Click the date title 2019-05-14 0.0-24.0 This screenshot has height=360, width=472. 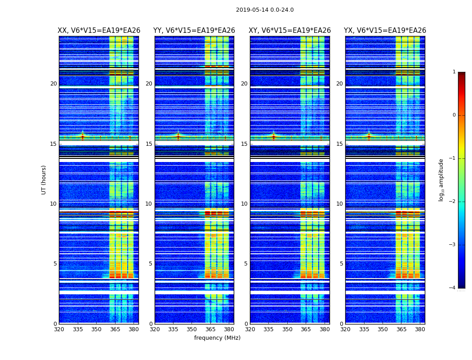point(265,10)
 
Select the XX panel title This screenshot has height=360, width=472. point(99,31)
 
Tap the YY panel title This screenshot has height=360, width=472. point(194,31)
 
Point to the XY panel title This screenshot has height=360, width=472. point(290,31)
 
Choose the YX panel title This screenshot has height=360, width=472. point(385,31)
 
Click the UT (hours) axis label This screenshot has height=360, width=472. point(44,180)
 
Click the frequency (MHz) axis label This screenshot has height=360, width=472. point(217,338)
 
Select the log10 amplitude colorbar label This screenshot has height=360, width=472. point(441,180)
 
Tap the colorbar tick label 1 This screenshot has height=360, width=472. point(454,72)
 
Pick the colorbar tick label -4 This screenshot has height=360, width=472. point(453,288)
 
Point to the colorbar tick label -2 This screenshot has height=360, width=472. point(453,202)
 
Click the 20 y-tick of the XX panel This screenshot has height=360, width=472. point(53,84)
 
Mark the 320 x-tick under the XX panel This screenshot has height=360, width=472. point(59,329)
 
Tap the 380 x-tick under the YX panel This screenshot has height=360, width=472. point(420,329)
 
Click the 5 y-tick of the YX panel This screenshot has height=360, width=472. point(341,264)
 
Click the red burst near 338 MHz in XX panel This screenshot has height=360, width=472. point(82,136)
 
